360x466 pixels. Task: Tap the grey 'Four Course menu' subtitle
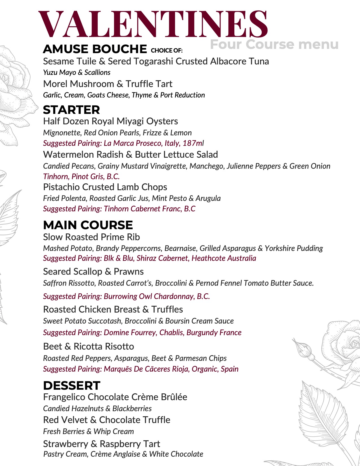click(x=274, y=45)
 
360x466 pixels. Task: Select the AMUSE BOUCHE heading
click(x=95, y=49)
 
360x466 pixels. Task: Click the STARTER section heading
click(x=71, y=110)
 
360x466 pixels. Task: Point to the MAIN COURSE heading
click(x=88, y=225)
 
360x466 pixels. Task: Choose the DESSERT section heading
click(x=72, y=386)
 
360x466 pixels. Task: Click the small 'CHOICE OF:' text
click(x=167, y=51)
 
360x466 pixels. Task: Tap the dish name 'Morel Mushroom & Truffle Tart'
click(x=108, y=84)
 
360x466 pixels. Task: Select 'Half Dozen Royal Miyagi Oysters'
click(x=110, y=121)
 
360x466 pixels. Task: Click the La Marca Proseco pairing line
click(x=123, y=143)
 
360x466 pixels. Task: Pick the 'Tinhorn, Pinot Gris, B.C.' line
click(x=81, y=177)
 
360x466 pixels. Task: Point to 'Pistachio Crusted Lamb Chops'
click(x=105, y=187)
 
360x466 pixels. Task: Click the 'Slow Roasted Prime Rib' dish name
click(x=91, y=237)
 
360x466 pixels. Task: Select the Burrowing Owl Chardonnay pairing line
click(x=126, y=296)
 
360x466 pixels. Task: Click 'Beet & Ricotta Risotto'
click(x=89, y=346)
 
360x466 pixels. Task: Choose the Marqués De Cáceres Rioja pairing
click(x=141, y=369)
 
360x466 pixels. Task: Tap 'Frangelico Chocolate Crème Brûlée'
click(x=115, y=397)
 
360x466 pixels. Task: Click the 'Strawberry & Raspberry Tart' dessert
click(x=102, y=444)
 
